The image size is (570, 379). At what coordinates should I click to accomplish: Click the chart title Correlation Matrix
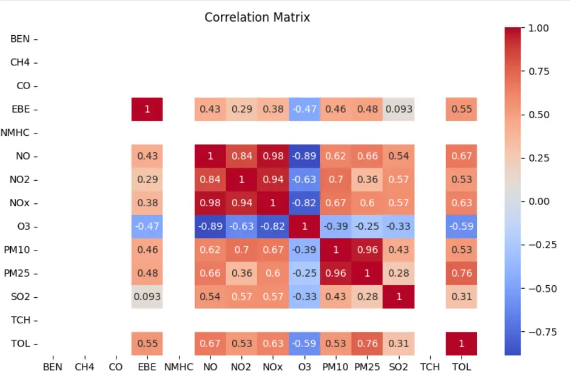click(257, 17)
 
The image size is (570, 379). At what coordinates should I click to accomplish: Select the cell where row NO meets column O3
click(304, 156)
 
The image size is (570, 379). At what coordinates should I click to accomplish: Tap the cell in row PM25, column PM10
click(336, 273)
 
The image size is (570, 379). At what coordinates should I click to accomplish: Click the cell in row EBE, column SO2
click(399, 109)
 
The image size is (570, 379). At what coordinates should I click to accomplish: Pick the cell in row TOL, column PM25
click(367, 344)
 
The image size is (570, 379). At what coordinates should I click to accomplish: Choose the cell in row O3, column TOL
click(461, 226)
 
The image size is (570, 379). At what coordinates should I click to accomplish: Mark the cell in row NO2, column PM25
click(367, 180)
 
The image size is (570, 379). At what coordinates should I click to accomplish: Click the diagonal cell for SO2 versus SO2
click(399, 297)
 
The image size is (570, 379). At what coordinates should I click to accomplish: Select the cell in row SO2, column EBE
click(147, 297)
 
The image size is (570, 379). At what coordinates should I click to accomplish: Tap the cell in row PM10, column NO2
click(241, 250)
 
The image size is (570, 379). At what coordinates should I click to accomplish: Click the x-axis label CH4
click(85, 367)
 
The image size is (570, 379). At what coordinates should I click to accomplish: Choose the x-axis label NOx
click(273, 367)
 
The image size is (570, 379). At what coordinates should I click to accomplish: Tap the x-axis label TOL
click(461, 367)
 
